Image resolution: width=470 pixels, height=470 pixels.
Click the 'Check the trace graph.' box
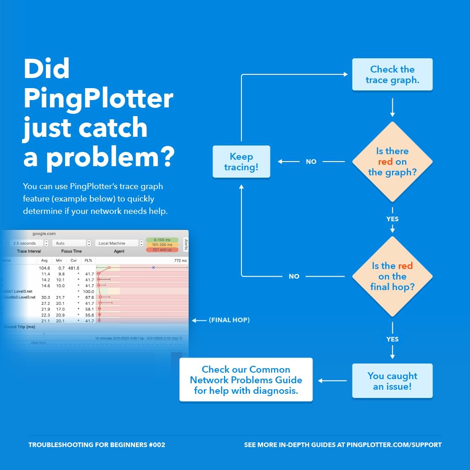392,74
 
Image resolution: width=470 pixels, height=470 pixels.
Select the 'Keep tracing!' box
241,162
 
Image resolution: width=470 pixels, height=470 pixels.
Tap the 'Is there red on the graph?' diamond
392,162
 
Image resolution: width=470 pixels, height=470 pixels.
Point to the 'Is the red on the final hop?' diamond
392,276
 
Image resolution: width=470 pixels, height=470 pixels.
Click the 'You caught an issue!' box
392,381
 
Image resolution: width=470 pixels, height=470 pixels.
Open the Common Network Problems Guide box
246,380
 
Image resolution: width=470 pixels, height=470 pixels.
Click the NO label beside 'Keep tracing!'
311,162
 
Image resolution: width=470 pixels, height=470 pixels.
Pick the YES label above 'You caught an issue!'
392,339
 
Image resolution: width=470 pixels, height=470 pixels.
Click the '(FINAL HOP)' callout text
229,320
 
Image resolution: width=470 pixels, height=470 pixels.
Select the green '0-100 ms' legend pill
162,240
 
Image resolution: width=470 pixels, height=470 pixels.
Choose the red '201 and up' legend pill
162,250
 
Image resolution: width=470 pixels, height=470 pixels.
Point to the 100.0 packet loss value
88,291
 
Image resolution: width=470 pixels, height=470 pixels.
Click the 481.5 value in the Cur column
73,268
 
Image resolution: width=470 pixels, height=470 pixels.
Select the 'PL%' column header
88,260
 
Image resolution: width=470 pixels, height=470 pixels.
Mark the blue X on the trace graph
153,267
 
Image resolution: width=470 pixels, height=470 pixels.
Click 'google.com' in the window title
44,234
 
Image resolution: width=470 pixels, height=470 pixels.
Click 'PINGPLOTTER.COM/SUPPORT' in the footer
394,445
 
